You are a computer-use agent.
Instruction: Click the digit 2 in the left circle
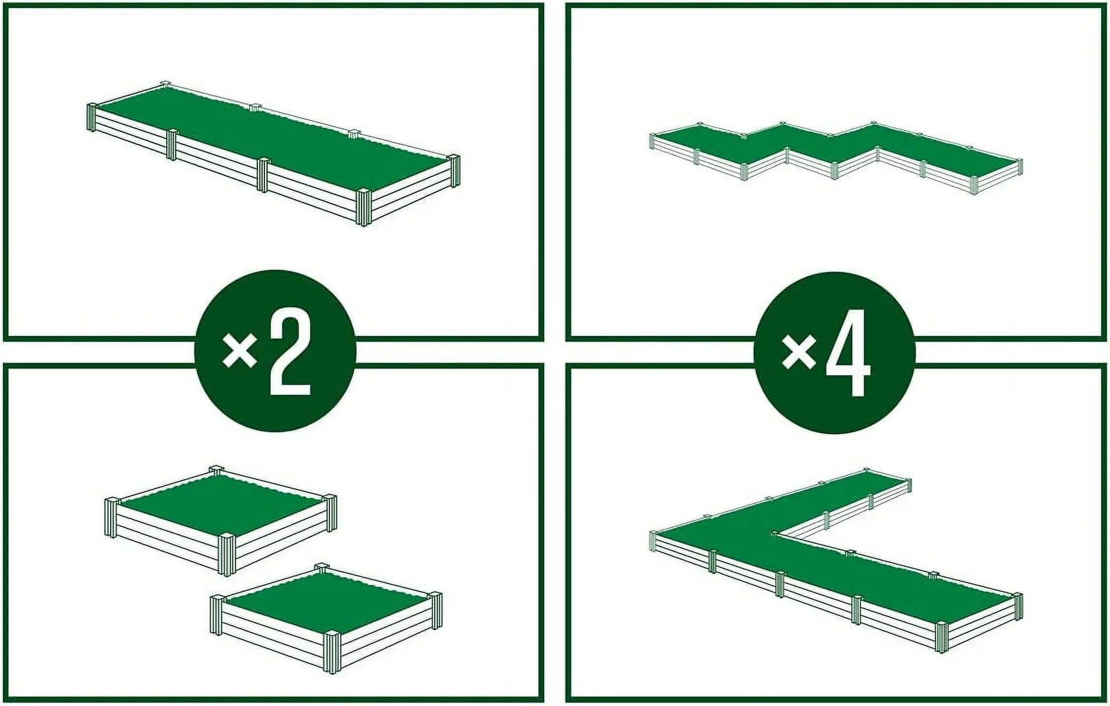click(x=290, y=352)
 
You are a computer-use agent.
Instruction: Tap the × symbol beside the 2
click(x=240, y=350)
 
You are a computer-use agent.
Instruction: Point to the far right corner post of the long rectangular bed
click(x=453, y=170)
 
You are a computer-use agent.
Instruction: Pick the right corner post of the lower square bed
click(x=436, y=610)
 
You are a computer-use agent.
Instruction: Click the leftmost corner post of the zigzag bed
click(x=653, y=142)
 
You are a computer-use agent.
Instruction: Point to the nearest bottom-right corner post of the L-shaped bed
click(x=941, y=637)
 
